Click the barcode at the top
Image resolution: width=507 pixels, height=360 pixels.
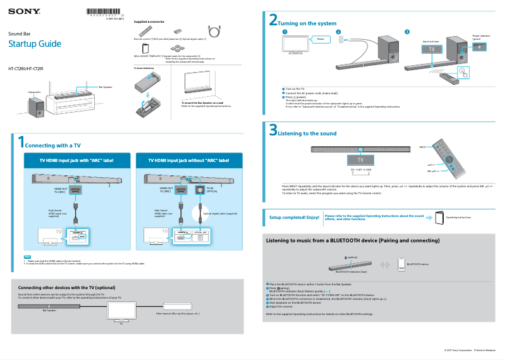(104, 11)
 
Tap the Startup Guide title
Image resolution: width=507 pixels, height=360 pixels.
(34, 44)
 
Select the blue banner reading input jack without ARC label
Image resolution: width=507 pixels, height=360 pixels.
(188, 161)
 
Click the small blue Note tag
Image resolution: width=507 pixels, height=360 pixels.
(27, 256)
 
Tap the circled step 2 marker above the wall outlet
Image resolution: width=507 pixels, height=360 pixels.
(338, 32)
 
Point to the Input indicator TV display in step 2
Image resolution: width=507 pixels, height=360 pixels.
(432, 48)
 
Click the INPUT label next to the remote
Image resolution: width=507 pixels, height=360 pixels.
(422, 147)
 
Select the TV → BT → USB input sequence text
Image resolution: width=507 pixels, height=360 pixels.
(361, 170)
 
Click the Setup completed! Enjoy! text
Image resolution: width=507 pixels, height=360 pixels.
(295, 217)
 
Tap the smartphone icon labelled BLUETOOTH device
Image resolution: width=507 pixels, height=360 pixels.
(401, 263)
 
